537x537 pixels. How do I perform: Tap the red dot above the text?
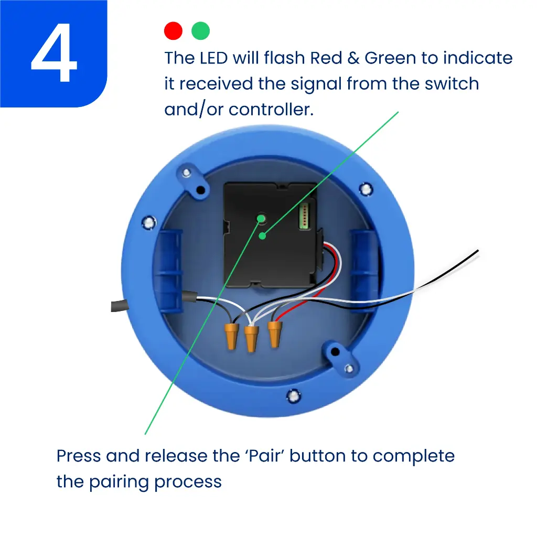(173, 31)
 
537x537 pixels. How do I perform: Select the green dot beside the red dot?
(201, 31)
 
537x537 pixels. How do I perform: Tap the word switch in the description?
(452, 84)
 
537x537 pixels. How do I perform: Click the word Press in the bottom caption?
(78, 456)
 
